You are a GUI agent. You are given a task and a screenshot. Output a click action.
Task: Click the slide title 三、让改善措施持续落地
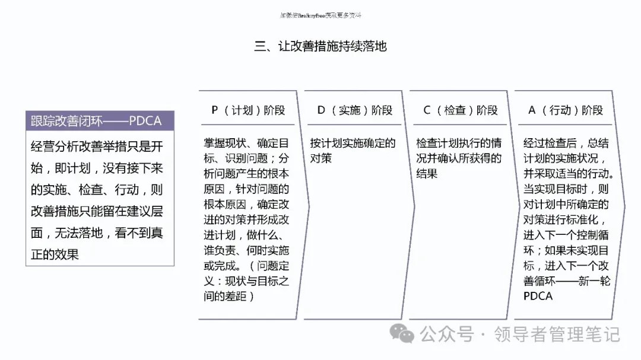click(320, 46)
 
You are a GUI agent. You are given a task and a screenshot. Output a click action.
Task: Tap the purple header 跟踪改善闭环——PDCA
click(96, 121)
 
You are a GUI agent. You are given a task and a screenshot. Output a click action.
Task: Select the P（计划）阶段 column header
click(248, 110)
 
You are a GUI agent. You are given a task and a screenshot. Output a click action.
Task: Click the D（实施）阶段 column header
click(355, 110)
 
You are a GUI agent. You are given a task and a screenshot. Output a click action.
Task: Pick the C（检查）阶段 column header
click(461, 110)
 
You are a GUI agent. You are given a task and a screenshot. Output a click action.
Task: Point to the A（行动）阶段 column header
click(566, 110)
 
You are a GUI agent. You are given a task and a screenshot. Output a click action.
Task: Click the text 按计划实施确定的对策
click(353, 151)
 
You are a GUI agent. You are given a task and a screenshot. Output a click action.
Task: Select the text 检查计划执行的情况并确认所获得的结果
click(459, 158)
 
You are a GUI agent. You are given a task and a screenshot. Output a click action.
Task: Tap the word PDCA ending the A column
click(538, 296)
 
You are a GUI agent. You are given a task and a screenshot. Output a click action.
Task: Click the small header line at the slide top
click(320, 15)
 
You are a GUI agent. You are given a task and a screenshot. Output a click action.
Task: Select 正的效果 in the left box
click(55, 255)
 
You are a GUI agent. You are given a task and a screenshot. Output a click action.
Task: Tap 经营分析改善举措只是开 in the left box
click(96, 146)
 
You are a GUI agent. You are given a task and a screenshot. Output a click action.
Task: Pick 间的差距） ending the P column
click(229, 296)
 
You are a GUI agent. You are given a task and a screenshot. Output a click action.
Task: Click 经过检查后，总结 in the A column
click(566, 143)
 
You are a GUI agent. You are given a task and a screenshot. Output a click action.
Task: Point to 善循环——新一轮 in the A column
click(566, 281)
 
